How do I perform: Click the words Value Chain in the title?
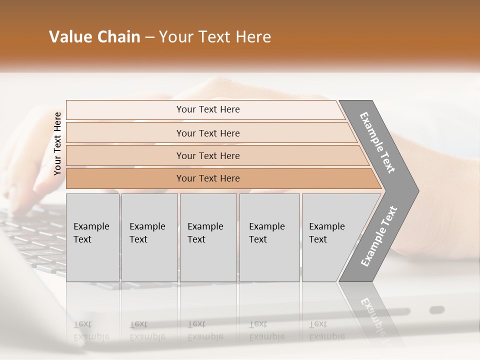[94, 37]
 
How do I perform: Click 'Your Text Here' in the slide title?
[215, 37]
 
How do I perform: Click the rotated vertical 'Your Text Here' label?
[57, 143]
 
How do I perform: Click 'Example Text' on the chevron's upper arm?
[377, 142]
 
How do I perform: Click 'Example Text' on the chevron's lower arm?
[378, 236]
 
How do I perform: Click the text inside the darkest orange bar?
[208, 178]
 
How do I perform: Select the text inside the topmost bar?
[208, 109]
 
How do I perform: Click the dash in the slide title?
[149, 37]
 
